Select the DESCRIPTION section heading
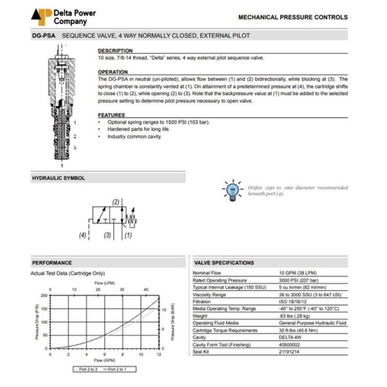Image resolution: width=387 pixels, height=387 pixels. (116, 51)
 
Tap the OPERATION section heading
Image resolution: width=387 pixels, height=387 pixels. (113, 72)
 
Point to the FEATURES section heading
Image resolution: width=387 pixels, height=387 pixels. (111, 115)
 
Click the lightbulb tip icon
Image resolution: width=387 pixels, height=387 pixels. (232, 189)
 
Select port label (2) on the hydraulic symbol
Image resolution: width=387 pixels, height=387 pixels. (116, 202)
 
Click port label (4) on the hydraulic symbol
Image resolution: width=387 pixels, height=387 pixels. (83, 236)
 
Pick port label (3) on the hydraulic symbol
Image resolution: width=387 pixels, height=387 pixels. (108, 236)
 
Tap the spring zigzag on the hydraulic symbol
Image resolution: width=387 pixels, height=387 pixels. (131, 220)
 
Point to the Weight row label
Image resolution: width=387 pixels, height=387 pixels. (201, 316)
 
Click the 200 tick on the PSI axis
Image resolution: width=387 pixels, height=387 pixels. (45, 296)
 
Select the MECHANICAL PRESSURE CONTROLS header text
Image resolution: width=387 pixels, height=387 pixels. (292, 17)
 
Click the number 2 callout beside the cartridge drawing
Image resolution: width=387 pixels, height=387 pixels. (75, 135)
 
